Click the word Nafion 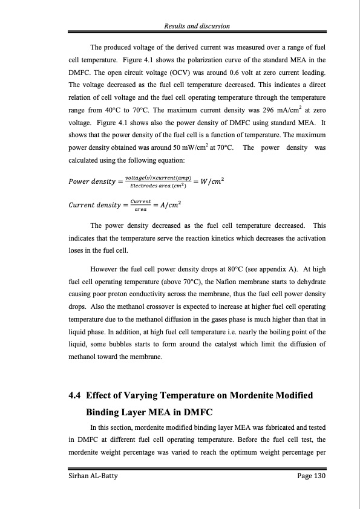coord(212,283)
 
